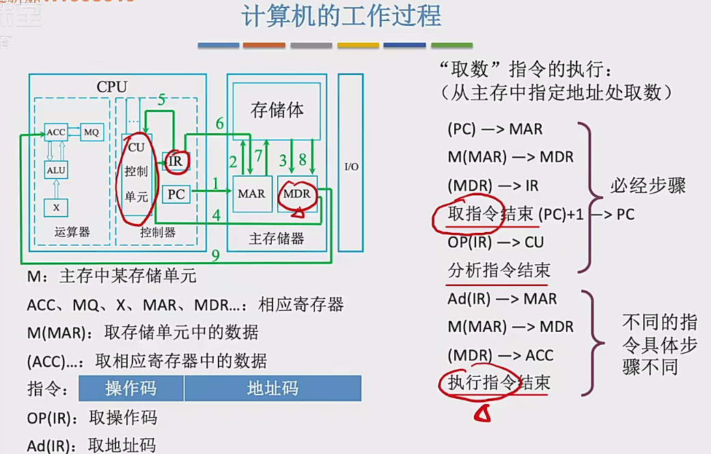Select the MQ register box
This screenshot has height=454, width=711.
91,132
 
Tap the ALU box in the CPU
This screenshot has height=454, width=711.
56,169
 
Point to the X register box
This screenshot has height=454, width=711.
56,207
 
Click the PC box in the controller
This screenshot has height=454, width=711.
176,195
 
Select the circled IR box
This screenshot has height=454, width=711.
177,161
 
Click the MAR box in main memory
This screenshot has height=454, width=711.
251,195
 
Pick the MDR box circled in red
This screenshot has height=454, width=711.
297,195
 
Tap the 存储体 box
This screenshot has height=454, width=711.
277,110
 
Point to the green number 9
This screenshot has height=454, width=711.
215,256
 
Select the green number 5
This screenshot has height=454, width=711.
162,100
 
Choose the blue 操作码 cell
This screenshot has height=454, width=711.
131,388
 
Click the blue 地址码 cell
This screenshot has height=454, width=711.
273,388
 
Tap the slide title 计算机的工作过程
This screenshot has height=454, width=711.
341,16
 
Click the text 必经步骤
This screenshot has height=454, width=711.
647,186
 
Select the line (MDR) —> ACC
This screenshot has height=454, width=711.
501,356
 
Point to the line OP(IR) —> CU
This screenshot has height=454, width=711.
496,242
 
